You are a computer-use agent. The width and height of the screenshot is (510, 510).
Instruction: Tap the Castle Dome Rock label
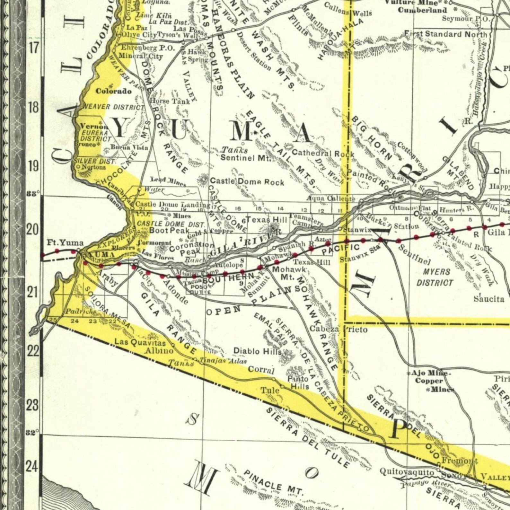[x=247, y=182]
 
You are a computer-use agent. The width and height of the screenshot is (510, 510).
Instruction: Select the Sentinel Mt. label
[x=246, y=158]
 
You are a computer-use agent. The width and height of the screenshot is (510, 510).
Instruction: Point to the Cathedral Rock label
[x=323, y=153]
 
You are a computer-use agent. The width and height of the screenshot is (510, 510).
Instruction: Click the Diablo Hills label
[x=257, y=351]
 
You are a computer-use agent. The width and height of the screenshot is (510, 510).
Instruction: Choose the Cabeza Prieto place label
[x=339, y=329]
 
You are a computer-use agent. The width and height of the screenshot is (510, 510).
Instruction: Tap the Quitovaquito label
[x=407, y=472]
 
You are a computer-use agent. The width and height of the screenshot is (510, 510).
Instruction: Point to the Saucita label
[x=489, y=299]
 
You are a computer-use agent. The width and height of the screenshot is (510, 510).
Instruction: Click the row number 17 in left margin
[x=33, y=48]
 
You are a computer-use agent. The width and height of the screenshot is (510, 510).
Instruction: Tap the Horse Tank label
[x=170, y=101]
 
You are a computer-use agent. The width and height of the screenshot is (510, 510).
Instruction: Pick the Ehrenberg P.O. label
[x=147, y=48]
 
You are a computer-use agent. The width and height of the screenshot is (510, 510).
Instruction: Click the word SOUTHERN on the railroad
[x=229, y=278]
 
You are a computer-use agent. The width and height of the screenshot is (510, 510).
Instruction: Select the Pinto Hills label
[x=298, y=382]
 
